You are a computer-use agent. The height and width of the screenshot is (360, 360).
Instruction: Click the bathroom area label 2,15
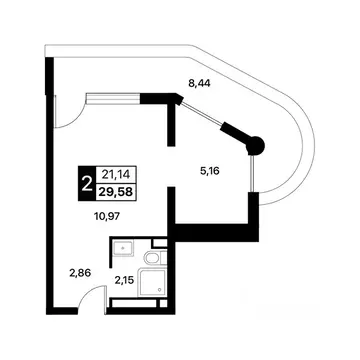tap(125, 282)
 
